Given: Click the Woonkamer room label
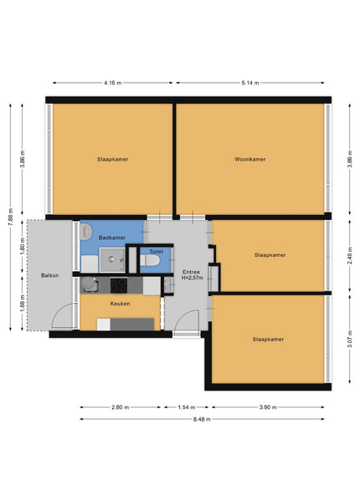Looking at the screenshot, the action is coord(249,159).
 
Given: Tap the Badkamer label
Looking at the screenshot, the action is coord(112,238).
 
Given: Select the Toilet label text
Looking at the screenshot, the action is coord(157,252).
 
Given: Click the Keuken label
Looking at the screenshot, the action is coord(120,304).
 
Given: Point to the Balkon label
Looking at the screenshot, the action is coord(49,275).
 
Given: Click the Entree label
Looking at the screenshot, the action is coord(191,272).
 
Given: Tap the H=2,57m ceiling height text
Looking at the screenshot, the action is coord(193,278).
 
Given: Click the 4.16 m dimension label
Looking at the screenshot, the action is coord(112,83).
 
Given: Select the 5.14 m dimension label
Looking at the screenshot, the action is coord(250,83).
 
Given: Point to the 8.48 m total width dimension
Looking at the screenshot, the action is coord(202,419).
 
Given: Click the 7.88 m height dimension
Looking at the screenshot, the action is coord(11,217).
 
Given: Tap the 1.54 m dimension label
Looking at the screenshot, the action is coord(187,407).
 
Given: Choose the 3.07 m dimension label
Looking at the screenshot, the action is coord(350,339).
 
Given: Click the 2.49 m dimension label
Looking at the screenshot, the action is coord(350,255).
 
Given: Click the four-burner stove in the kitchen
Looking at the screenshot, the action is coord(119,285).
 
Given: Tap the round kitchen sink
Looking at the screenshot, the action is coord(89,284).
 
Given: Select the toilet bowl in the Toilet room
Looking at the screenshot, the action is coord(150,260).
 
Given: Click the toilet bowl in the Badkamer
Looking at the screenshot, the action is coord(85,232).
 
